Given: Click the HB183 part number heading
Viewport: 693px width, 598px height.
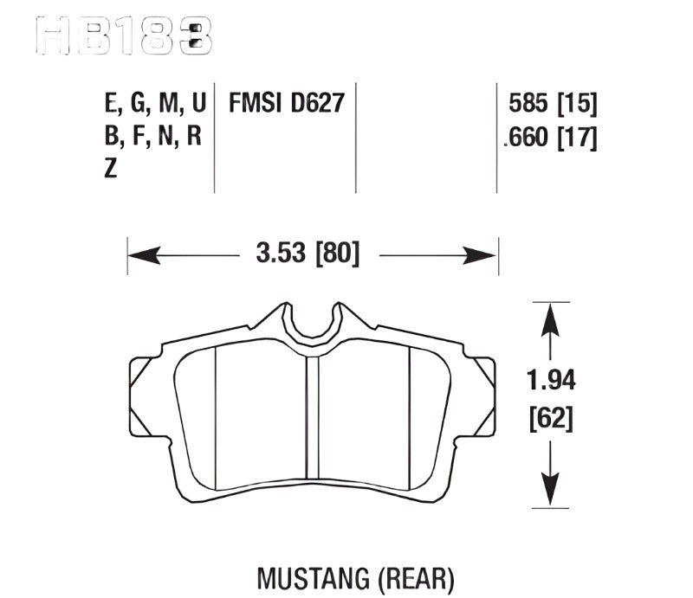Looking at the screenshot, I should point(121,35).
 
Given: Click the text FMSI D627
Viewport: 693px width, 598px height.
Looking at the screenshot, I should point(287,105).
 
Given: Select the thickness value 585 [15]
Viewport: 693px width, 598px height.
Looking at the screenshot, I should point(554,105).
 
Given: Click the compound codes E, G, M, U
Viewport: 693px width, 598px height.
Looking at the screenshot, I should point(154,105).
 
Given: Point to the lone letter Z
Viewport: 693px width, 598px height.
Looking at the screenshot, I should point(110,170).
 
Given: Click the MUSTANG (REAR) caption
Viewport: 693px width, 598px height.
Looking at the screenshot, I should point(356,576).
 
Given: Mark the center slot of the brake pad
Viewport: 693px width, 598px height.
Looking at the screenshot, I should point(313,424).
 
